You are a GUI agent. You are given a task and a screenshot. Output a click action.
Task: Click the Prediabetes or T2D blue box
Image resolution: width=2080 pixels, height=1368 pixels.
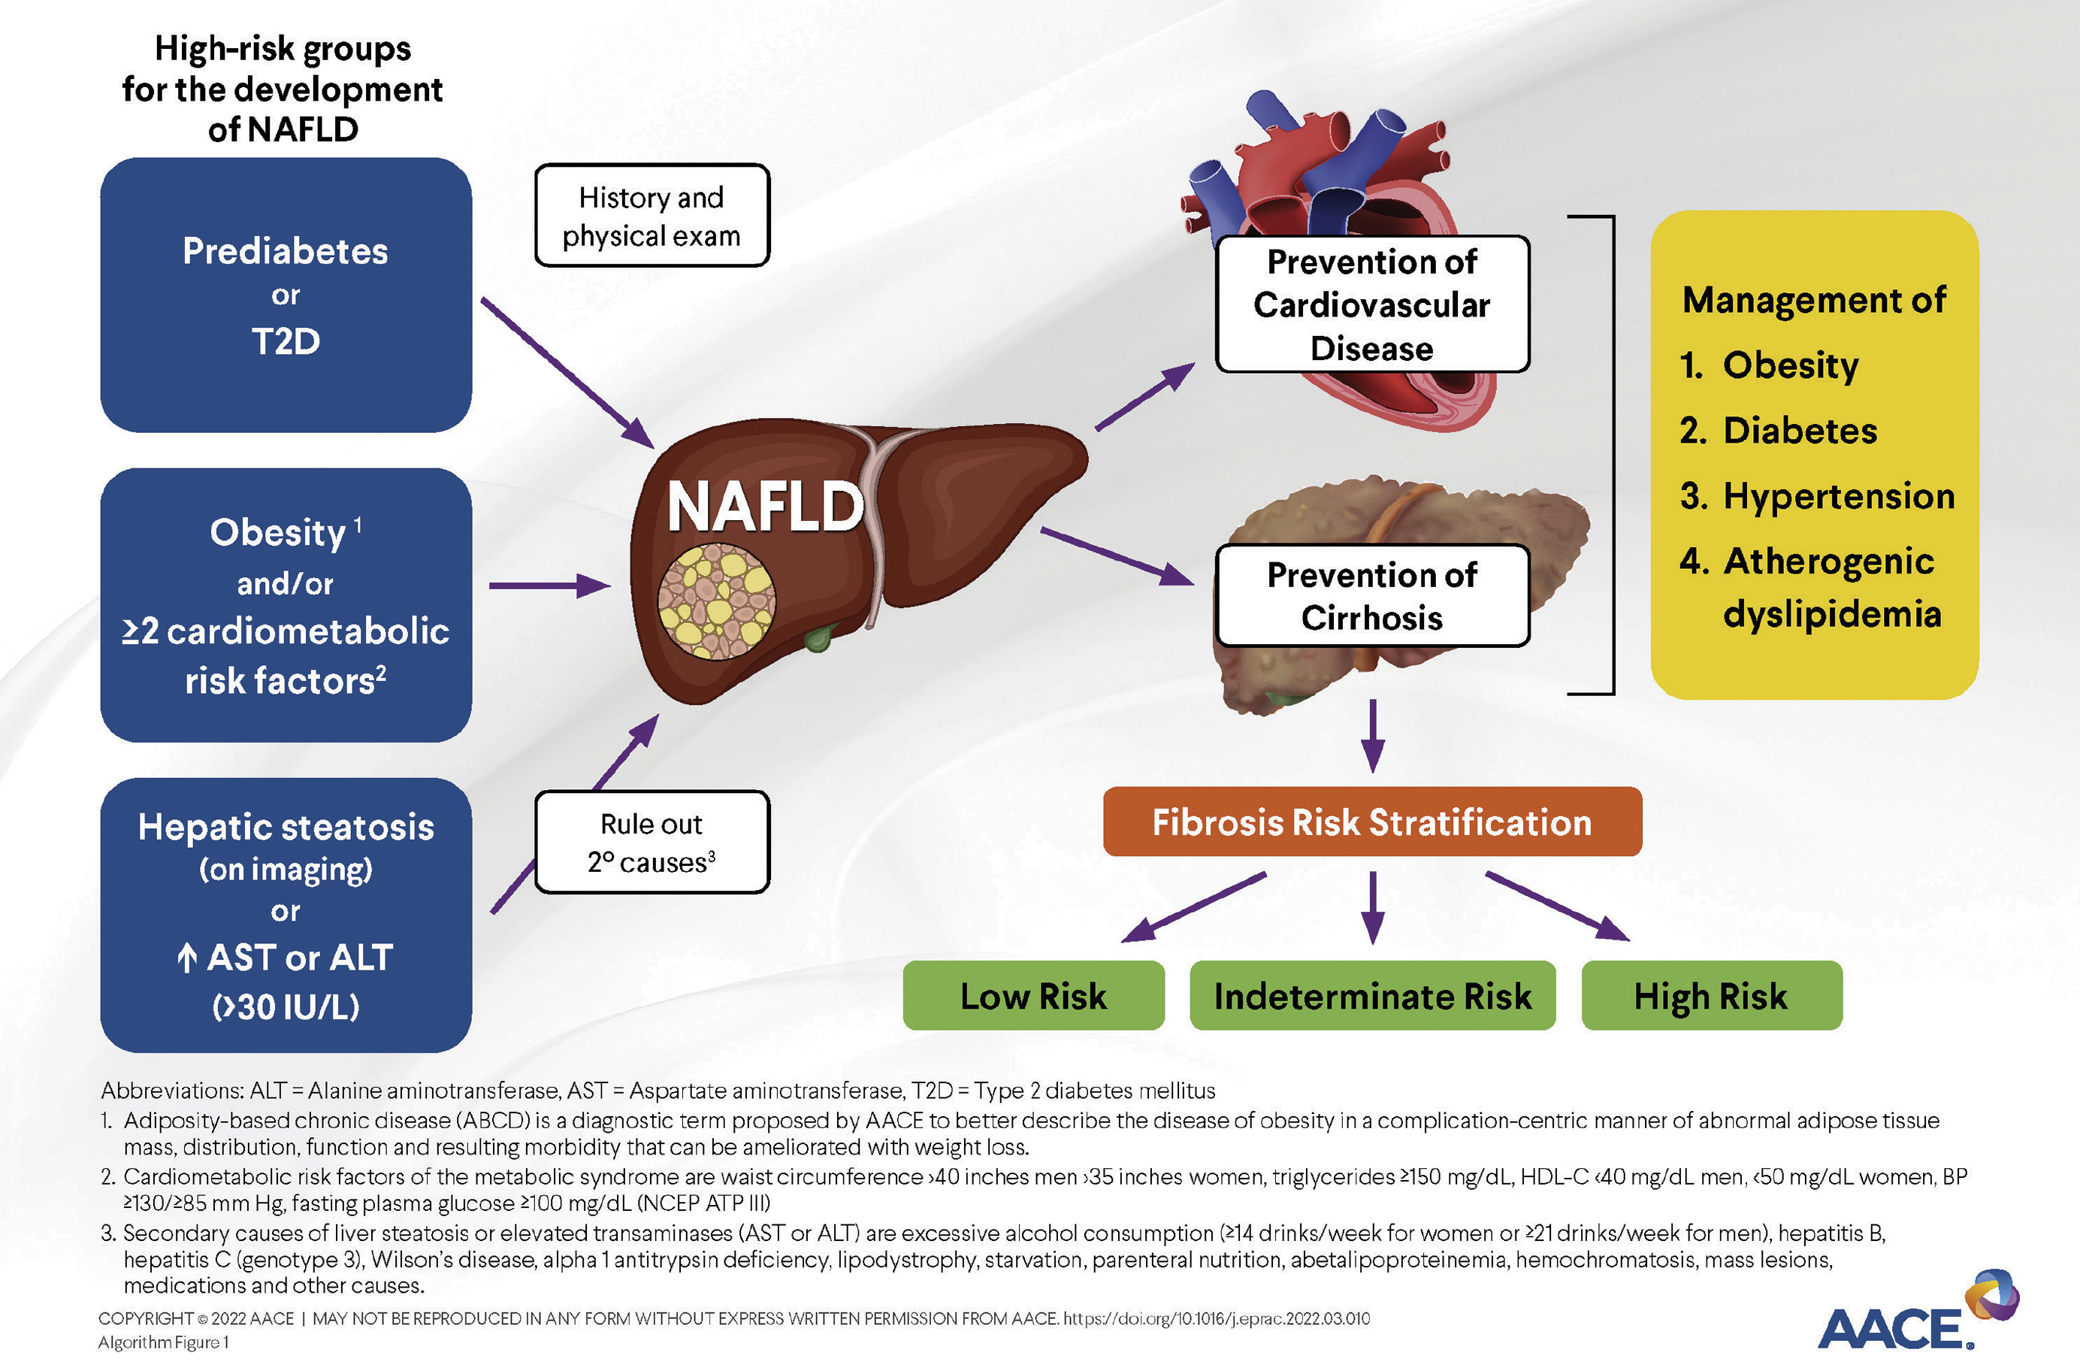pos(286,295)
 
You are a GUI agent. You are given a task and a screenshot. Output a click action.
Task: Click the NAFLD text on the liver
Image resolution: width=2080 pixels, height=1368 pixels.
pos(766,507)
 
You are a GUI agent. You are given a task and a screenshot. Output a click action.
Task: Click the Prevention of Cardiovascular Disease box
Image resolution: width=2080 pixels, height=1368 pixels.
pos(1372,304)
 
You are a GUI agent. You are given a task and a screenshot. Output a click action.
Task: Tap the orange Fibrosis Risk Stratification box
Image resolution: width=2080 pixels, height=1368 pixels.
pos(1372,822)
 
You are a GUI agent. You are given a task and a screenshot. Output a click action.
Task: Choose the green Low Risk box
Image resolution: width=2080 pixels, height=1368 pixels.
pos(1033,996)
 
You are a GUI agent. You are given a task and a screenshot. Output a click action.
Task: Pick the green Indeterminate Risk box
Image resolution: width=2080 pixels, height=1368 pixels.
pos(1372,996)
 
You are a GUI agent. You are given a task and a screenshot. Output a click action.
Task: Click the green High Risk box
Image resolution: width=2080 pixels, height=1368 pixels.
pos(1711,996)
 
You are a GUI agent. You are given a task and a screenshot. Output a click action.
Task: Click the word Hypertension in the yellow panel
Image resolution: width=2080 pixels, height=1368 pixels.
pos(1839,495)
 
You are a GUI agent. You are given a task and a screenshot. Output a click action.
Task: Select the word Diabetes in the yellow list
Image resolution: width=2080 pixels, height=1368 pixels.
pos(1800,430)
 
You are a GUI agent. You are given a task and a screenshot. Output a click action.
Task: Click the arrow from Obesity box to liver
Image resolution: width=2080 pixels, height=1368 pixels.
pos(549,586)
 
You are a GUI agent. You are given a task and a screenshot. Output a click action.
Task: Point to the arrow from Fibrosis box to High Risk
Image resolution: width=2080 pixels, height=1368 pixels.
pos(1558,906)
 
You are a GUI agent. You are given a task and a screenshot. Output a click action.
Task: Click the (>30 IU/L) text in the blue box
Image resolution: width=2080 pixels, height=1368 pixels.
pos(286,1007)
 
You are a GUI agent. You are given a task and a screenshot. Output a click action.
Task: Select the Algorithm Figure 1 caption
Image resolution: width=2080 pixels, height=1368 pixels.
pos(163,1342)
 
